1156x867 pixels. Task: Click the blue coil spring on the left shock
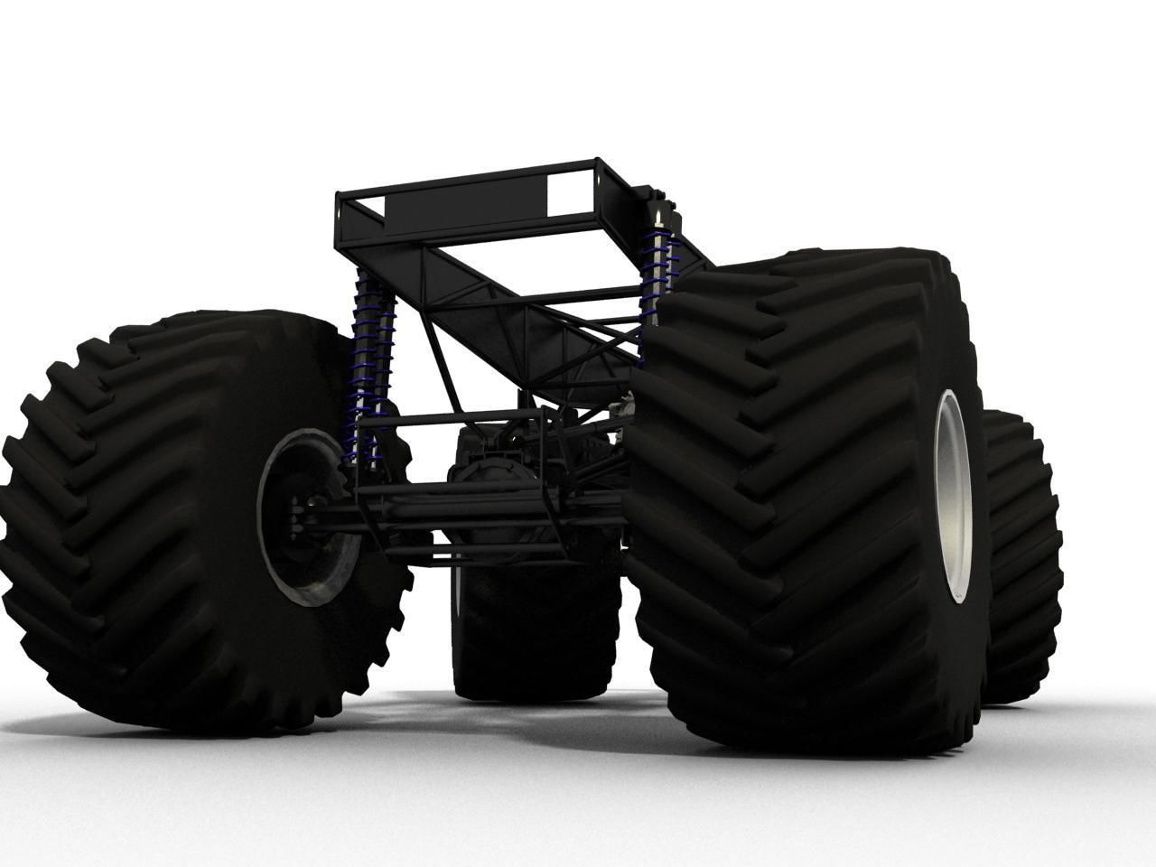pos(369,361)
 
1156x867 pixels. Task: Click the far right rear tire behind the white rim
pos(1021,560)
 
